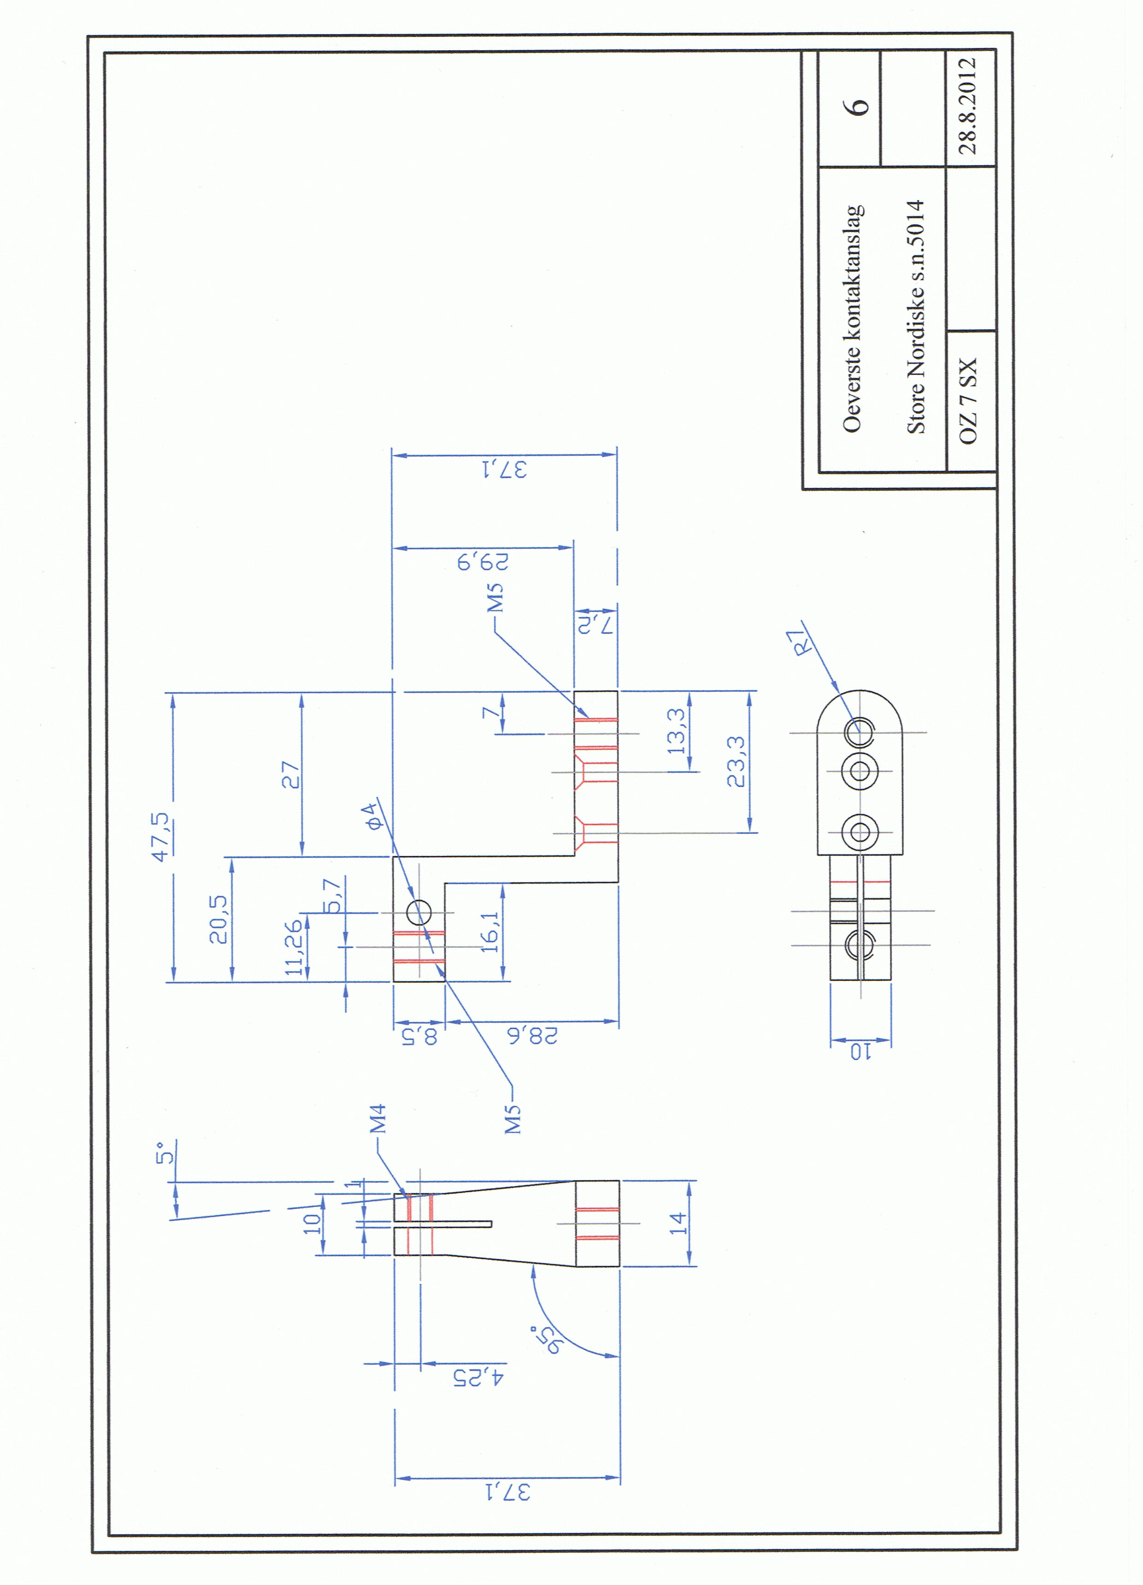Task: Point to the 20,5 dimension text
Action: pyautogui.click(x=219, y=919)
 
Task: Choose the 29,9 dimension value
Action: pyautogui.click(x=483, y=561)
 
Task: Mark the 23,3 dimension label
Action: pyautogui.click(x=736, y=762)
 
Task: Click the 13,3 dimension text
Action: pyautogui.click(x=677, y=731)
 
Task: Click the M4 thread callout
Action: pyautogui.click(x=378, y=1119)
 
